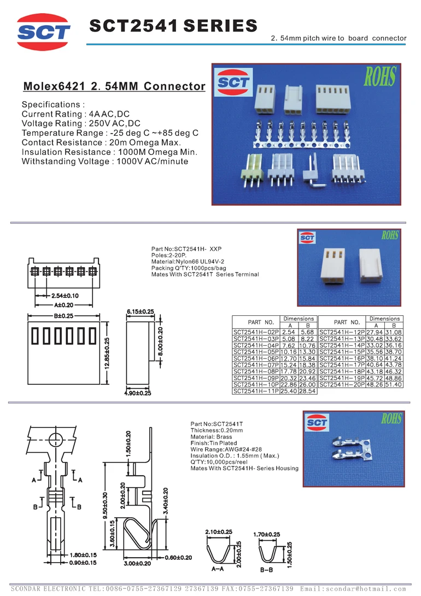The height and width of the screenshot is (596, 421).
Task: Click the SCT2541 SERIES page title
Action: click(173, 26)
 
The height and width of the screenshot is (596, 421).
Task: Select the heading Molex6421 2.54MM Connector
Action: click(114, 86)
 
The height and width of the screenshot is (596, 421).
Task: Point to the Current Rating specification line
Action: click(75, 114)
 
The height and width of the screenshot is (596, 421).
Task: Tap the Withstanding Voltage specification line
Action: click(104, 161)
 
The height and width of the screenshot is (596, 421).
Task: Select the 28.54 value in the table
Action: click(307, 391)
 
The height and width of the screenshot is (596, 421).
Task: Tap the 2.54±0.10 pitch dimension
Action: click(61, 296)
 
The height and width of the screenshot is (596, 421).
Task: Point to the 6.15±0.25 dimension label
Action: click(141, 311)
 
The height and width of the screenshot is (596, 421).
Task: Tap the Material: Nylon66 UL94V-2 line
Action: click(188, 262)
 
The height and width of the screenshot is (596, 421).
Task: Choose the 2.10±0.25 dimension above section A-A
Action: click(219, 532)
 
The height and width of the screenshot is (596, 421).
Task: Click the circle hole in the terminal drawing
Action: click(55, 439)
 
